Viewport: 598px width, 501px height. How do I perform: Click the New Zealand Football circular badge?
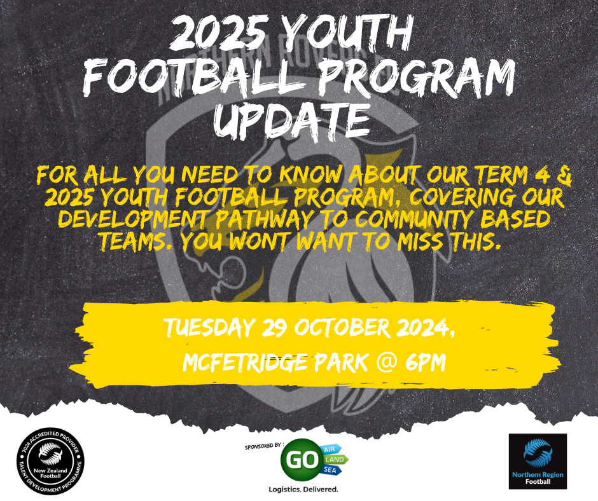50,462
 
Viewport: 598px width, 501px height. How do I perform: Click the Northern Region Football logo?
538,462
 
